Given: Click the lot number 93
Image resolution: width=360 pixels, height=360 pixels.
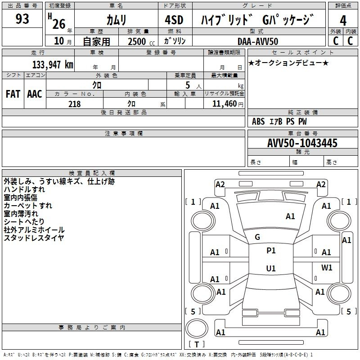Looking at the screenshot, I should (22, 19).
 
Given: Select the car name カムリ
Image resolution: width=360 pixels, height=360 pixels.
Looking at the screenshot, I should (116, 20).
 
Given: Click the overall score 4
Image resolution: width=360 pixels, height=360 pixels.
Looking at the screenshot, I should (343, 20).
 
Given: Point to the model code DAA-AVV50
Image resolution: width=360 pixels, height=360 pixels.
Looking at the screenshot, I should (258, 41).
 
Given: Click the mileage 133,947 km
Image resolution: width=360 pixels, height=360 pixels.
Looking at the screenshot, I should (53, 64).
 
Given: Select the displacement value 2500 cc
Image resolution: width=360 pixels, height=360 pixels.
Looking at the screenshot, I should (141, 42).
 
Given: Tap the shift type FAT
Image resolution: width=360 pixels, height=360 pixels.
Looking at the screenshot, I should (13, 94).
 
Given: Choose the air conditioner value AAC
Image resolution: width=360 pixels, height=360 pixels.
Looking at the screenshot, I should (35, 94).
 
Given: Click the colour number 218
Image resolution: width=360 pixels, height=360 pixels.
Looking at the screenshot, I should (74, 104).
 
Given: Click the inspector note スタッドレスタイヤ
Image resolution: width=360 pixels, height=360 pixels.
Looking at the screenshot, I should (34, 238).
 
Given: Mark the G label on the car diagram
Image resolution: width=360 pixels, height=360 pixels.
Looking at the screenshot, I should (257, 237).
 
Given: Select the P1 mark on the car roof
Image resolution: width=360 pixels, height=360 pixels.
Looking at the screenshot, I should (271, 251).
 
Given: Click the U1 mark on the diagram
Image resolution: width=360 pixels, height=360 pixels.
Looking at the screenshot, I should (271, 268).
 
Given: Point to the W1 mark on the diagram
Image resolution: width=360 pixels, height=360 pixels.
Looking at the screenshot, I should (327, 267).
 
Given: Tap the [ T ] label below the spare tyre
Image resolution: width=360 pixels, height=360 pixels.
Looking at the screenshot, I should (197, 345).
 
